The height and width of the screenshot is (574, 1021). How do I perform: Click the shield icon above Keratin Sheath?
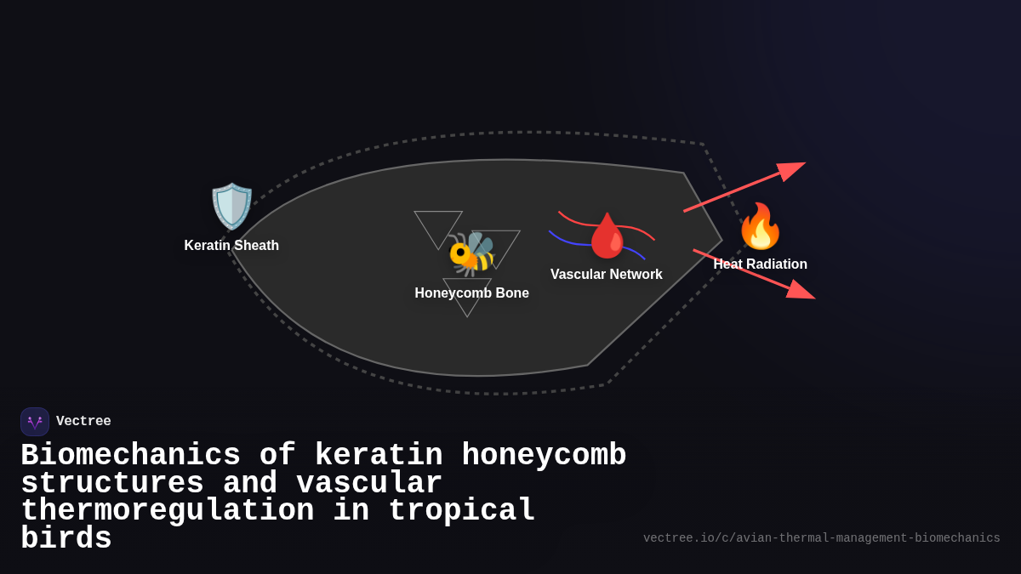231,207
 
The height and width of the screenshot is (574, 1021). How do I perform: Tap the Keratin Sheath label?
231,246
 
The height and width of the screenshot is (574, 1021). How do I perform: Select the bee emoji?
471,253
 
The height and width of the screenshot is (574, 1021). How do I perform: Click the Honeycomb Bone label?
471,293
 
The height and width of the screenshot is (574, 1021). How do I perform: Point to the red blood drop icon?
607,236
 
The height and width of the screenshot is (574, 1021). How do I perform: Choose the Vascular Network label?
606,275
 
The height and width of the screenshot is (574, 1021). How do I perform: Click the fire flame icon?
760,226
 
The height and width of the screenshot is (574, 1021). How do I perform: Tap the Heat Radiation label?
760,264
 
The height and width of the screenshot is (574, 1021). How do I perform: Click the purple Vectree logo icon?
35,422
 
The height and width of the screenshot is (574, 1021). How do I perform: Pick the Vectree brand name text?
83,422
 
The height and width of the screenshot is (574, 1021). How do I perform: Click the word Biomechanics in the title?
130,456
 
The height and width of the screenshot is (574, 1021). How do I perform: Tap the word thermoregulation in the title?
167,511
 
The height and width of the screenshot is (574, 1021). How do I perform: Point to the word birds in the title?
66,539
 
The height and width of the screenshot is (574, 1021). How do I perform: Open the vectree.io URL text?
821,538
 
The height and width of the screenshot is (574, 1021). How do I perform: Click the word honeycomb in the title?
544,456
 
